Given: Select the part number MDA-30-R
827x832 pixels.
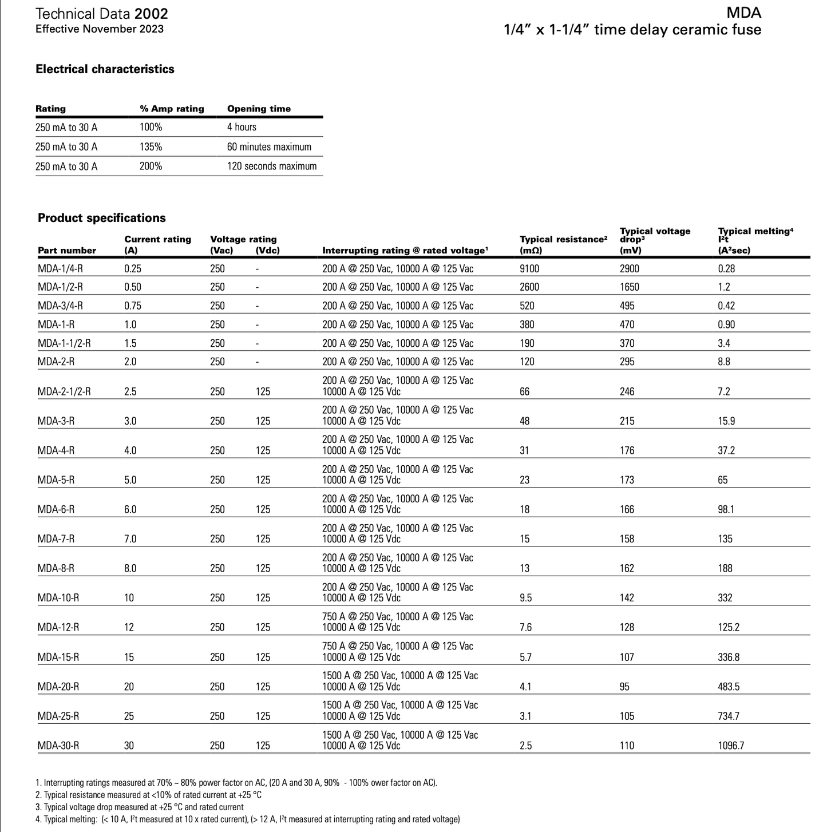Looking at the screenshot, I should (58, 746).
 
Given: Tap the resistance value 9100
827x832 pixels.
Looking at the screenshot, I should (529, 268).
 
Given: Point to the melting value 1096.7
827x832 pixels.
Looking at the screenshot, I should (731, 746).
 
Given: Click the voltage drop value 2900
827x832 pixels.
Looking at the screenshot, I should (630, 268).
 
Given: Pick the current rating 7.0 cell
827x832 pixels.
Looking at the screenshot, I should (130, 539).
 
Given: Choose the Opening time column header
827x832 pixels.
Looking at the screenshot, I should (259, 109).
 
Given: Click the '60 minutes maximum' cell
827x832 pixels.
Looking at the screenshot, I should (269, 147).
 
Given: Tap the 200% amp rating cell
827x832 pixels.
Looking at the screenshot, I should (151, 167).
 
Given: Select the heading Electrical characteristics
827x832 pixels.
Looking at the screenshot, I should (105, 69).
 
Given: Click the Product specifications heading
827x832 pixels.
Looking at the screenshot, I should (101, 218).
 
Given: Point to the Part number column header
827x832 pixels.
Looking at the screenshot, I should (67, 251).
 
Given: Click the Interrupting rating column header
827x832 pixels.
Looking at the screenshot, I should (405, 251).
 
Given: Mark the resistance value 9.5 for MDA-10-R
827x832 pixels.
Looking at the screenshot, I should (526, 598).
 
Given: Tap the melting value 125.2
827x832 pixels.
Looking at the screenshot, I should (729, 628).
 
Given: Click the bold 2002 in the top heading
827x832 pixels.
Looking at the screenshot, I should (152, 14).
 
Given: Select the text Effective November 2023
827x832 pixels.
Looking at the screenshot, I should (100, 29).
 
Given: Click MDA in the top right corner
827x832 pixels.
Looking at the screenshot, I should (744, 13).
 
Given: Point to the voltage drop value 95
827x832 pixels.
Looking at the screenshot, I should (624, 687).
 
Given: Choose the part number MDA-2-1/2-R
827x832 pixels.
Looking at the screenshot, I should (64, 392).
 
